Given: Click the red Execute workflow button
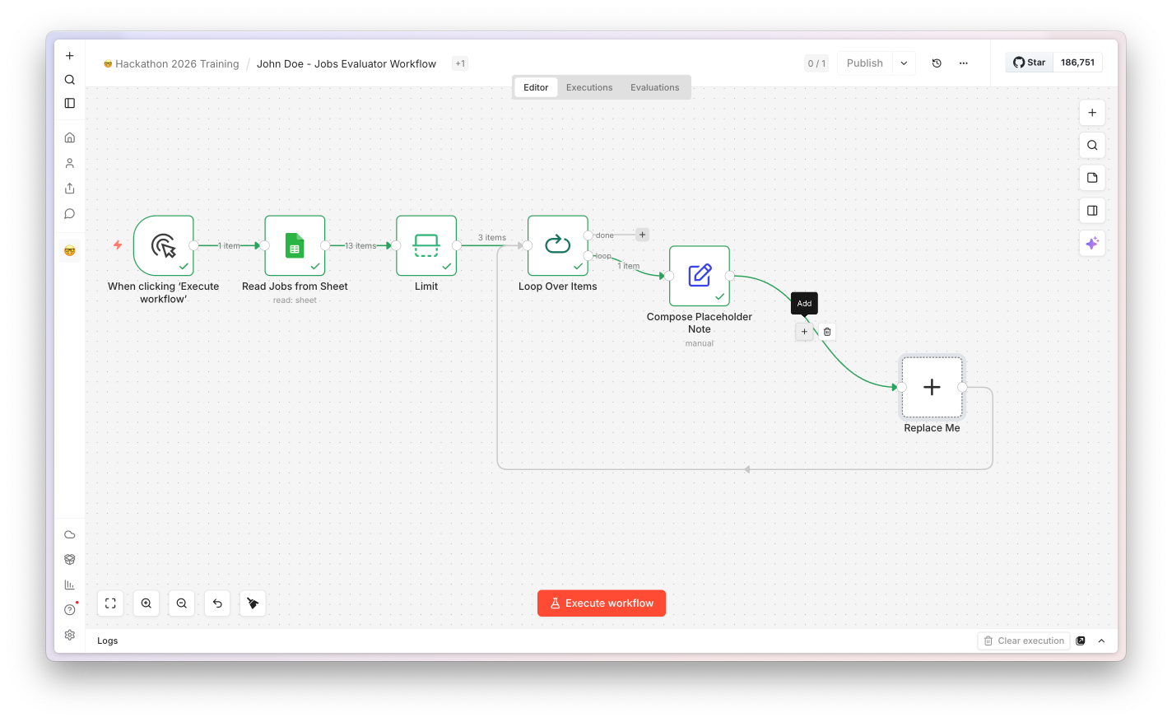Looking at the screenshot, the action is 601,603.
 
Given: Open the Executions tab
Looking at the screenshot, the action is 589,87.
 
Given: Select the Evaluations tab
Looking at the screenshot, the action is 654,87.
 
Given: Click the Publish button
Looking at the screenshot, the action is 864,63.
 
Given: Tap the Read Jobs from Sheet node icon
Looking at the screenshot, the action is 295,245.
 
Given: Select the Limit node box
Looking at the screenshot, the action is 426,245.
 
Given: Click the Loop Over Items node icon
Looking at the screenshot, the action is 558,245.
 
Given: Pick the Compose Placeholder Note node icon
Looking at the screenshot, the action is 700,276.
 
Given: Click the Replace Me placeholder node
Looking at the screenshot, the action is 932,387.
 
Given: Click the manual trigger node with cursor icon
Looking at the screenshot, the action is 164,245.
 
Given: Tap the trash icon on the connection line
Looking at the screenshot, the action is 827,332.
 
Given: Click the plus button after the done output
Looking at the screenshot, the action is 642,235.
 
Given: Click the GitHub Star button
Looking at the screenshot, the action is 1029,63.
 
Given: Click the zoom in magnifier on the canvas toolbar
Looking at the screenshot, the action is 146,603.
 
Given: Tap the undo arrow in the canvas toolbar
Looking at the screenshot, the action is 217,603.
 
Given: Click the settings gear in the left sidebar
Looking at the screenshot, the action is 70,636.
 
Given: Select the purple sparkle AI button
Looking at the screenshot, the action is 1092,244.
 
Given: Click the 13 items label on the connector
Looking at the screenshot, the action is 360,246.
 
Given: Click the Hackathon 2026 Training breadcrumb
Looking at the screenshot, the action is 177,64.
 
